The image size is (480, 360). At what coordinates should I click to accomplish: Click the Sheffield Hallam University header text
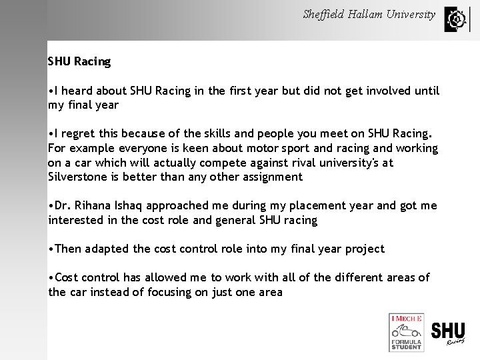(369, 14)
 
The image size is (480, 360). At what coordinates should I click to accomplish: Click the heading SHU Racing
(79, 62)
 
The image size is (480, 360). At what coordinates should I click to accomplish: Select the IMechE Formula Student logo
(406, 332)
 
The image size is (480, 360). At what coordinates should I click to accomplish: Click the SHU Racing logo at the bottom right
(448, 333)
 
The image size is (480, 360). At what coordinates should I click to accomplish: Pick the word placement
(323, 206)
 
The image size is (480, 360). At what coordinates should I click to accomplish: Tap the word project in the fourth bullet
(365, 249)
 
